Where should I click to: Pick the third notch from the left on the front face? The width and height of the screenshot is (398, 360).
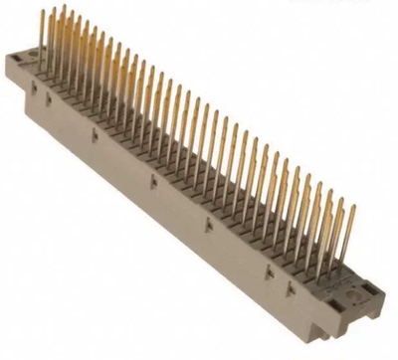150,178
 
